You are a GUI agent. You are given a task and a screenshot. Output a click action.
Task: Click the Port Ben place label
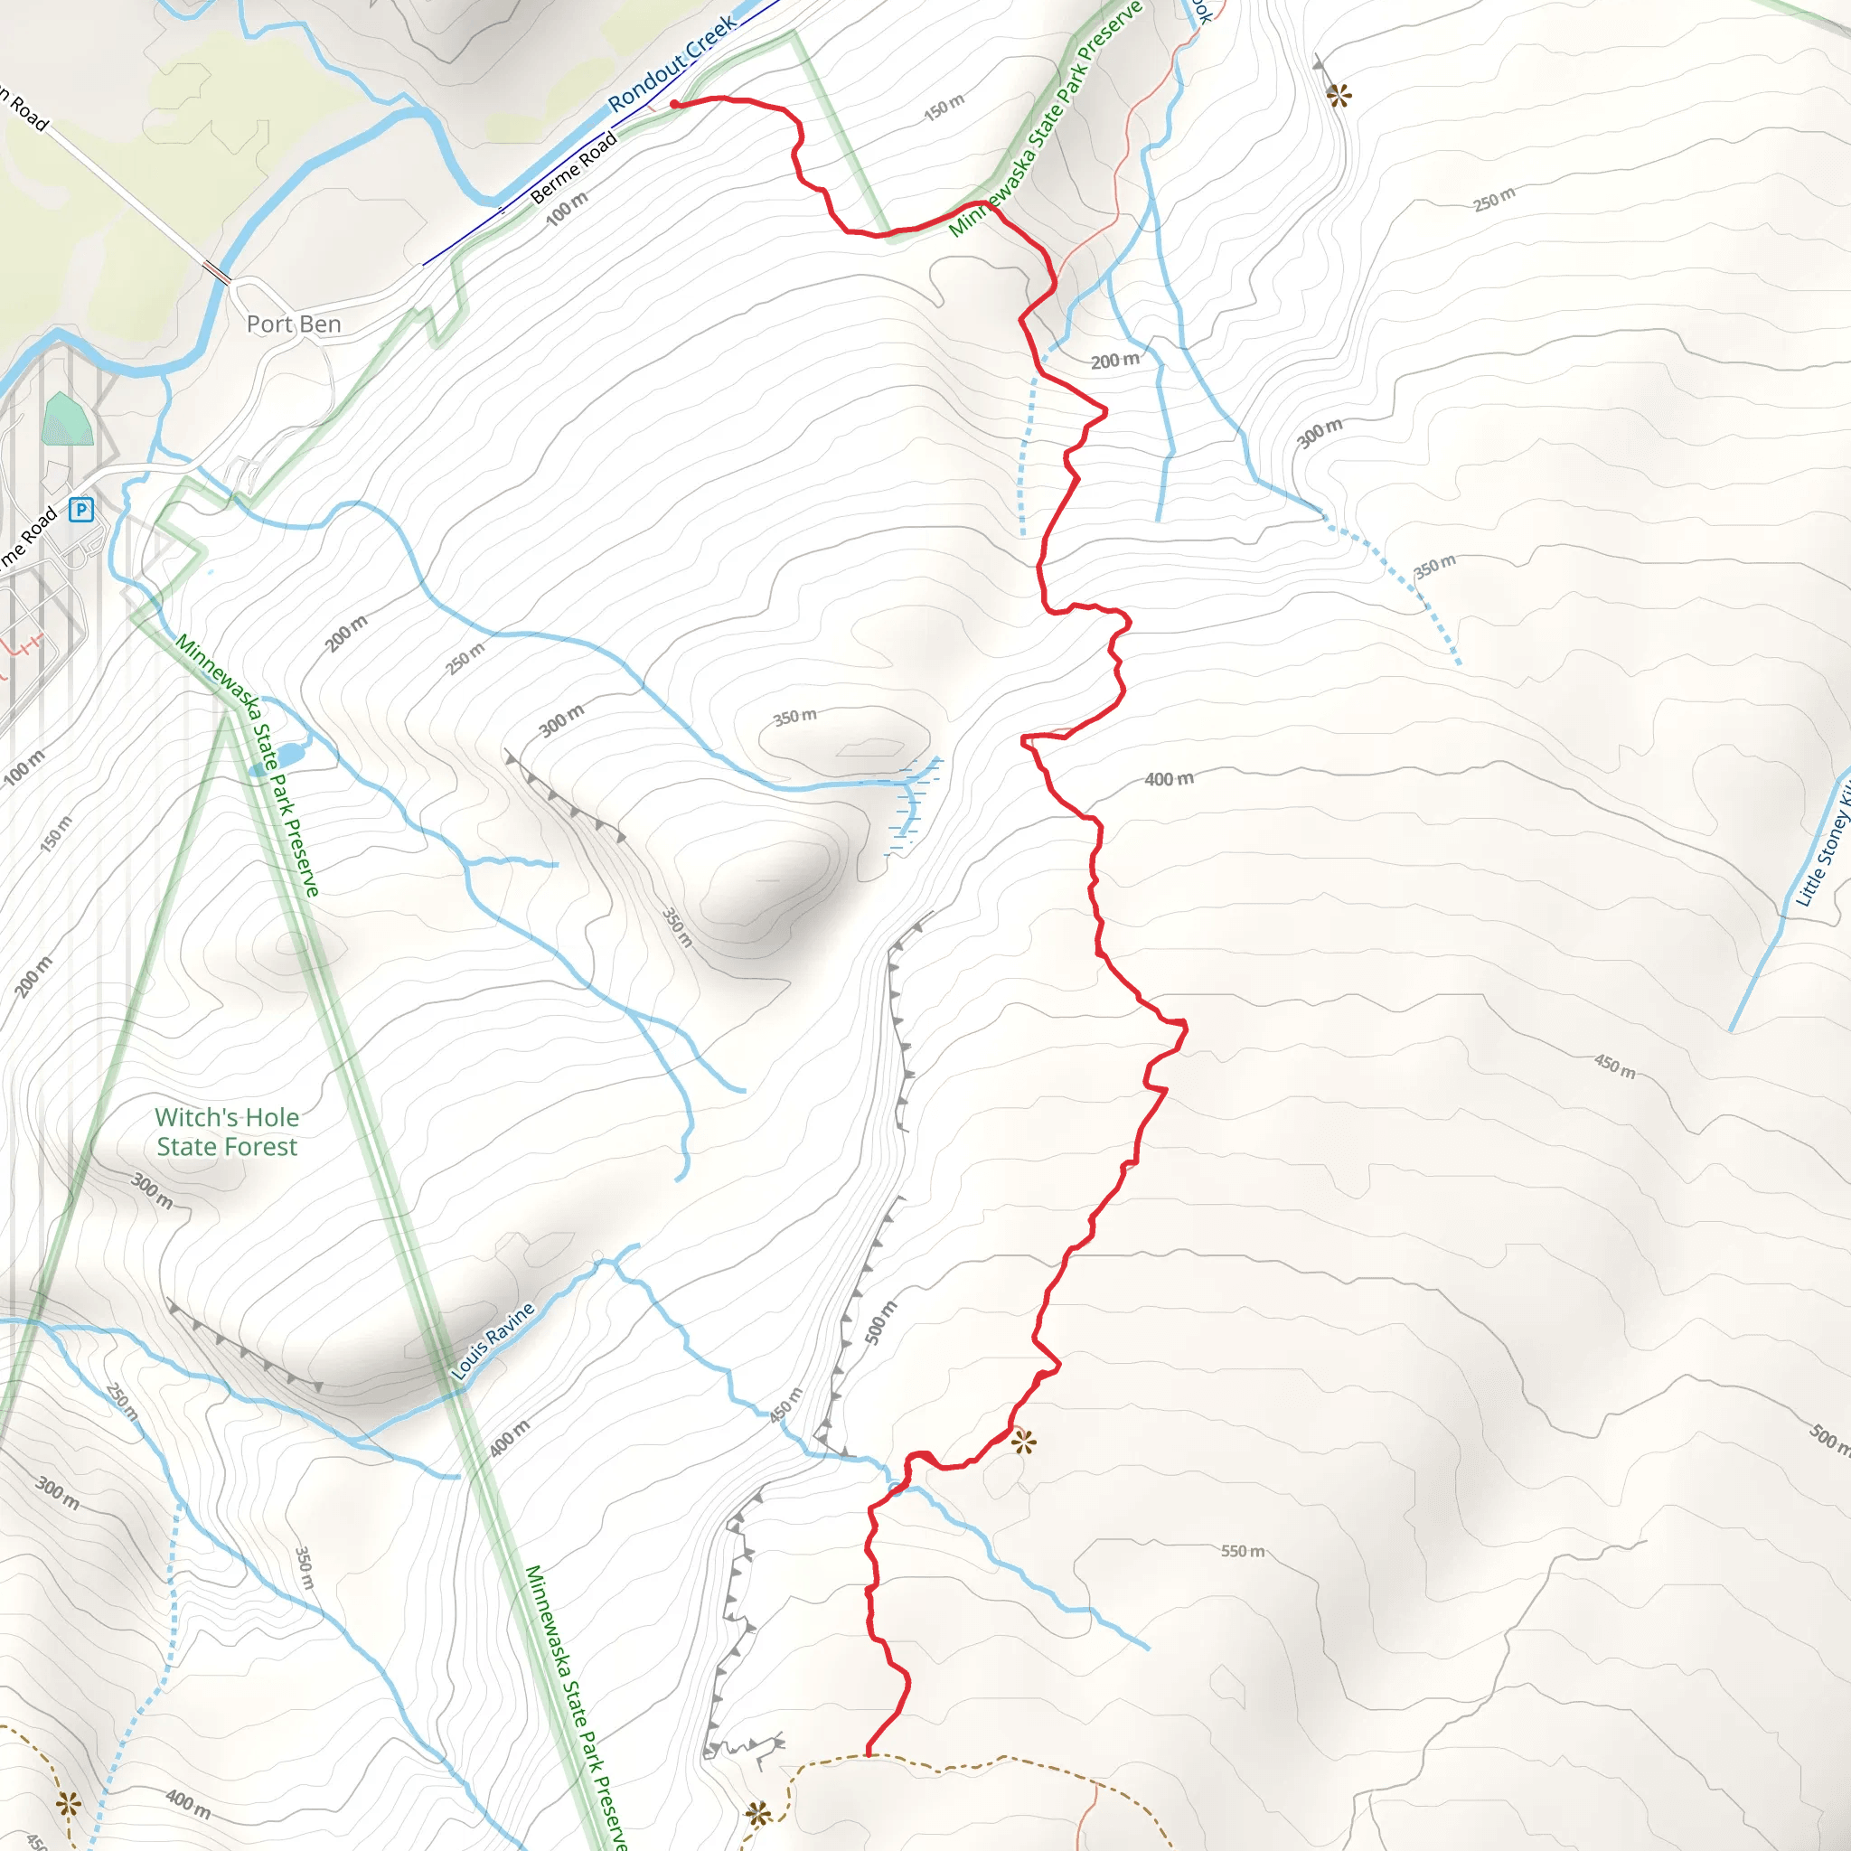click(x=293, y=324)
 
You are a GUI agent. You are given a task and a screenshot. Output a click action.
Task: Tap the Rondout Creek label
click(x=672, y=62)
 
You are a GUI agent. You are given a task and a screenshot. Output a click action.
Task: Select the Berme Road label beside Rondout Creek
click(x=573, y=169)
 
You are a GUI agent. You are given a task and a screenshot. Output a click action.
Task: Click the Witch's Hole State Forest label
click(x=227, y=1132)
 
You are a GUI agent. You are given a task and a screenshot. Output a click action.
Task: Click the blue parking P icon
click(x=81, y=509)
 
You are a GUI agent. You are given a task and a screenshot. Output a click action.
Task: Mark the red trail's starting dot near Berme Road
click(x=674, y=103)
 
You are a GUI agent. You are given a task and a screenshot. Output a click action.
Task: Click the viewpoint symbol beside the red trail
click(x=1023, y=1441)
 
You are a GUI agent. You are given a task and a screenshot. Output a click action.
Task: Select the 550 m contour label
click(x=1243, y=1551)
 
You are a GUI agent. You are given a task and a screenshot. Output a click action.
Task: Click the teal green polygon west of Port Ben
click(x=67, y=419)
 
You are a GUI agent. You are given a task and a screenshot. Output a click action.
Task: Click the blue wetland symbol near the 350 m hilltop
click(x=910, y=800)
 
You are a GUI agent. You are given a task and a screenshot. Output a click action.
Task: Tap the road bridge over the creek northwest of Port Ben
click(x=217, y=272)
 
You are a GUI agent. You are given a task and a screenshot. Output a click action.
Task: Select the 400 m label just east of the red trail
click(x=1169, y=779)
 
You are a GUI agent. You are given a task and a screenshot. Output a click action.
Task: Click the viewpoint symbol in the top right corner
click(x=1339, y=95)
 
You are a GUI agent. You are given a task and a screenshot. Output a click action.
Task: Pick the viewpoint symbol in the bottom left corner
click(x=68, y=1805)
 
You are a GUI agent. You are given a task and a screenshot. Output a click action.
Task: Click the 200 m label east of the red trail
click(x=1115, y=362)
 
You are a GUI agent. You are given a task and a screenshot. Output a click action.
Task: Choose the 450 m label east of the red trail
click(x=1614, y=1066)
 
